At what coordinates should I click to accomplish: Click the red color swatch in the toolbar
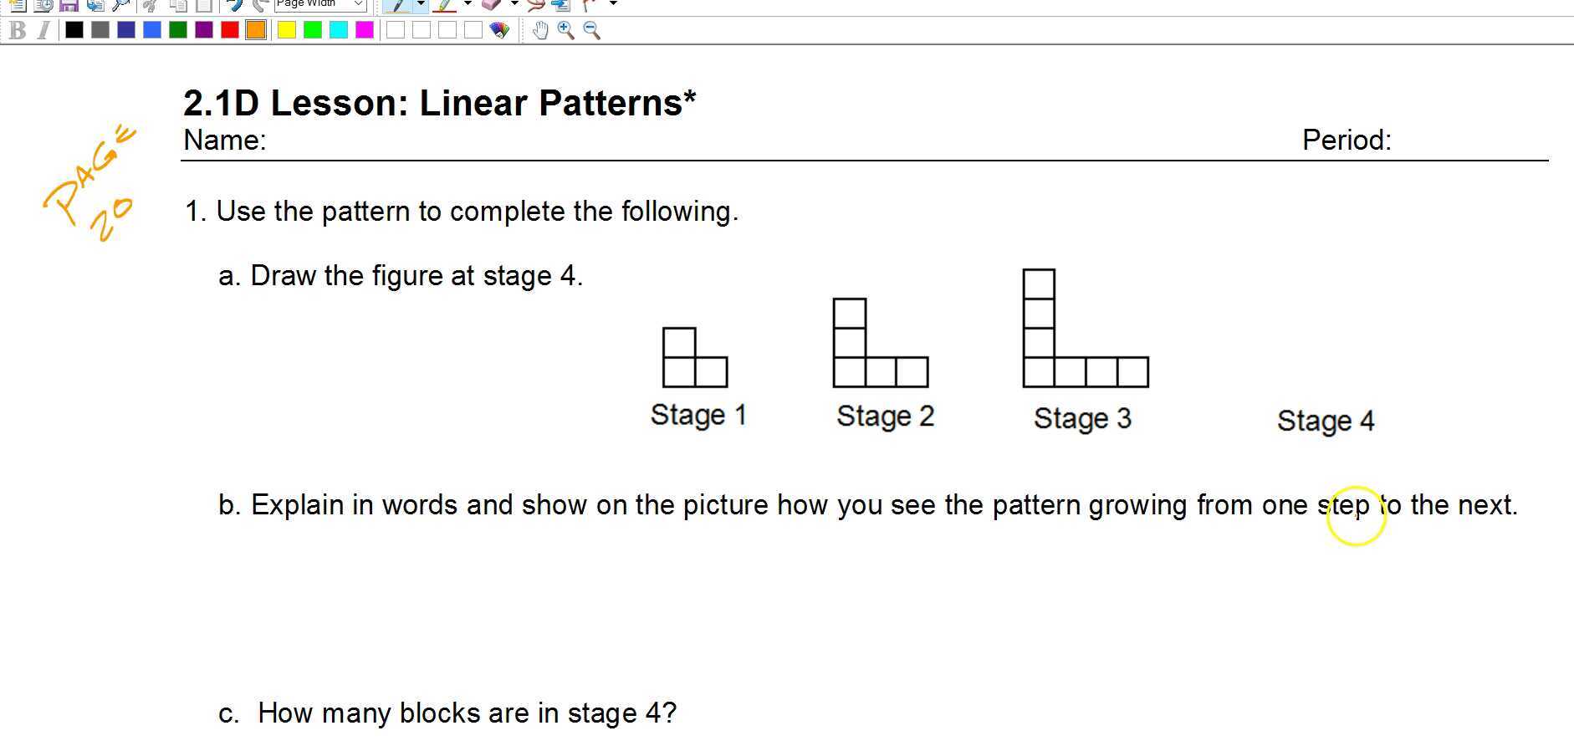click(230, 30)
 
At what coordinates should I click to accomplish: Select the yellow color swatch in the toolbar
click(287, 30)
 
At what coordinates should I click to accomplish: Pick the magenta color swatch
click(365, 30)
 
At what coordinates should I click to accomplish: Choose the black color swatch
click(74, 30)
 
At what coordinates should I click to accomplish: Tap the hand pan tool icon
click(540, 31)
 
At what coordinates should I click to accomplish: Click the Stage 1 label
click(698, 415)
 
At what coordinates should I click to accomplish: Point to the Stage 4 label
click(1326, 421)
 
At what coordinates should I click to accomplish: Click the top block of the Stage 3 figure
click(1039, 284)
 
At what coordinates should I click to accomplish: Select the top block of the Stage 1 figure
click(679, 343)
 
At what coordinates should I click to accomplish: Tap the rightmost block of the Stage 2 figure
click(912, 372)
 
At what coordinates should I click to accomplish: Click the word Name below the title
click(223, 140)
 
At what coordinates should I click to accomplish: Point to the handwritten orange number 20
click(110, 219)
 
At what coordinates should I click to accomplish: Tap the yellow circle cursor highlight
click(1356, 516)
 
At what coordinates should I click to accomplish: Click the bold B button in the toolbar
click(18, 31)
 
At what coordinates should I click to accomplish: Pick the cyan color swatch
click(339, 30)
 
